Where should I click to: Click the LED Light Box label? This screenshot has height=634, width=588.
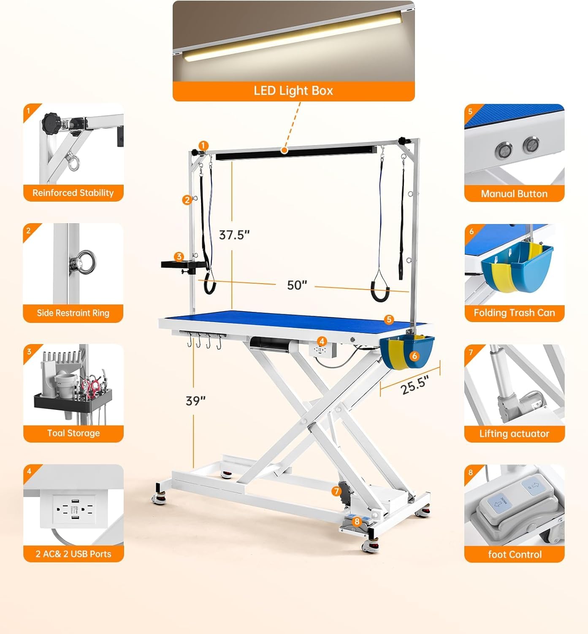tap(293, 91)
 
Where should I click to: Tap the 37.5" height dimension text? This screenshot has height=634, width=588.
tap(234, 235)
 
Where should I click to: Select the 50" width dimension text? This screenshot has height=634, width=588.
tap(297, 285)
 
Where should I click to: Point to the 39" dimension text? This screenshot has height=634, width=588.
tap(195, 401)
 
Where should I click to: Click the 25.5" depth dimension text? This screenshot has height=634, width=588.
tap(415, 385)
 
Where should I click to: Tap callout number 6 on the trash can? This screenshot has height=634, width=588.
tap(414, 355)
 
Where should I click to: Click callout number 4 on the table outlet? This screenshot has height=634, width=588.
tap(322, 342)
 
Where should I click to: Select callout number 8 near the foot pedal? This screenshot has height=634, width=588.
tap(357, 522)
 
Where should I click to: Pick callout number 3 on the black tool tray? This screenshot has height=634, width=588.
tap(179, 256)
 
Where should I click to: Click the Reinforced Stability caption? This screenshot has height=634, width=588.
tap(73, 193)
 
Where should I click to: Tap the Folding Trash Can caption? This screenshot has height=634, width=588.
tap(514, 312)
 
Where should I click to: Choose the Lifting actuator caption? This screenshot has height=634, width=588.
tap(514, 434)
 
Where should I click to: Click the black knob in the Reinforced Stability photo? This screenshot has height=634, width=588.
tap(51, 122)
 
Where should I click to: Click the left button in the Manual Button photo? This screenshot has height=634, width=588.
tap(504, 150)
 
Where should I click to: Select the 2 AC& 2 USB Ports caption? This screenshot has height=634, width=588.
tap(73, 554)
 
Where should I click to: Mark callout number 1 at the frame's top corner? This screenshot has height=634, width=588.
tap(203, 146)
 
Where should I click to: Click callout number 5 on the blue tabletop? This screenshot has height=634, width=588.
tap(389, 319)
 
